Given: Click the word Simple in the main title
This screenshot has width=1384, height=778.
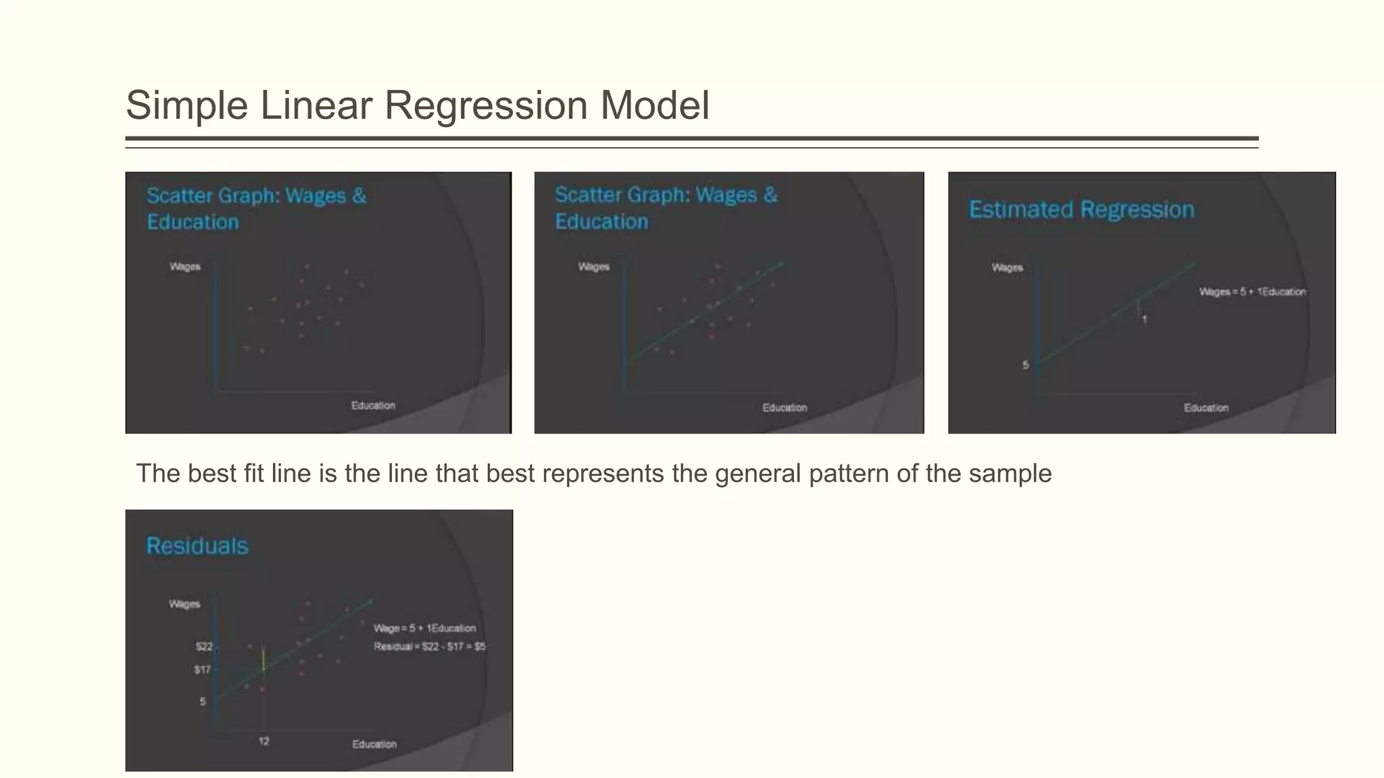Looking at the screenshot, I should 187,106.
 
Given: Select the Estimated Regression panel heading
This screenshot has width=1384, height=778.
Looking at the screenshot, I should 1081,209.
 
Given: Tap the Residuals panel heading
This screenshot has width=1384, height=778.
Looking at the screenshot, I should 197,546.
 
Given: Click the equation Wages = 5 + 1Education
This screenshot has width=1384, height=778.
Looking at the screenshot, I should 1252,292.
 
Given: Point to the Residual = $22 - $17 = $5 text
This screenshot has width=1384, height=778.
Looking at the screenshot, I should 430,647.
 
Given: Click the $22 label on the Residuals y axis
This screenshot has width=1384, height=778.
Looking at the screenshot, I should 204,647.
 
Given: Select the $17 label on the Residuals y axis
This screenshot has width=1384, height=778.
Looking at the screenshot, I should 203,670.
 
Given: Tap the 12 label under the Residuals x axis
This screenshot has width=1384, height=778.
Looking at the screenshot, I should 264,742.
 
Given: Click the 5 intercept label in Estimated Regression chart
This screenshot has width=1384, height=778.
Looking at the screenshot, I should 1025,365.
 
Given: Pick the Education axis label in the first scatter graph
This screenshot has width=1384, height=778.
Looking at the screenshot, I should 373,405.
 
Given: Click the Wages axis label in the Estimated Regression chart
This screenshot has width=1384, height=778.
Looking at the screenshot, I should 1007,267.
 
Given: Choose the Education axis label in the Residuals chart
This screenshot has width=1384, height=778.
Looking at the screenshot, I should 374,744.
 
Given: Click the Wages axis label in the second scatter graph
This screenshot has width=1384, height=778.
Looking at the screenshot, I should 593,267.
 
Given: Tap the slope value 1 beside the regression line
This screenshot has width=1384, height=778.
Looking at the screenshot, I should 1144,319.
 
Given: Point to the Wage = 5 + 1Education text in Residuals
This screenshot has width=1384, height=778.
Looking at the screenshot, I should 424,628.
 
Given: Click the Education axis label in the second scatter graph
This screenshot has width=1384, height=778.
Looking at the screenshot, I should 785,408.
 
